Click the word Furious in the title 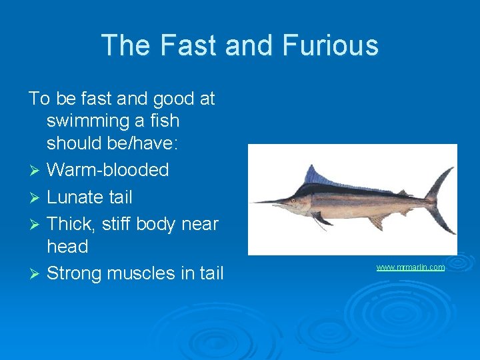(331, 45)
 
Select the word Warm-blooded (107, 169)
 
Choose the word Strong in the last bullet (74, 273)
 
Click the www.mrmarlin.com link (410, 267)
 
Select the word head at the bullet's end (67, 247)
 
